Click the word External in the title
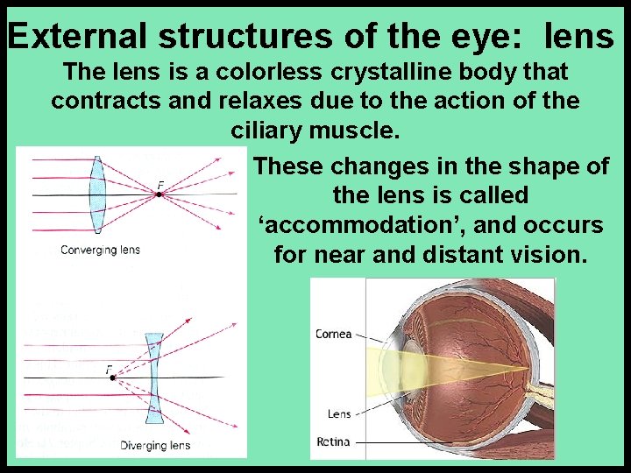[79, 36]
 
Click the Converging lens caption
[100, 251]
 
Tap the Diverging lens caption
[154, 445]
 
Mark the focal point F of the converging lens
[159, 193]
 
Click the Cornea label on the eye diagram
[333, 334]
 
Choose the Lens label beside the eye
[339, 413]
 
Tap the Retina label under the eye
[334, 441]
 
